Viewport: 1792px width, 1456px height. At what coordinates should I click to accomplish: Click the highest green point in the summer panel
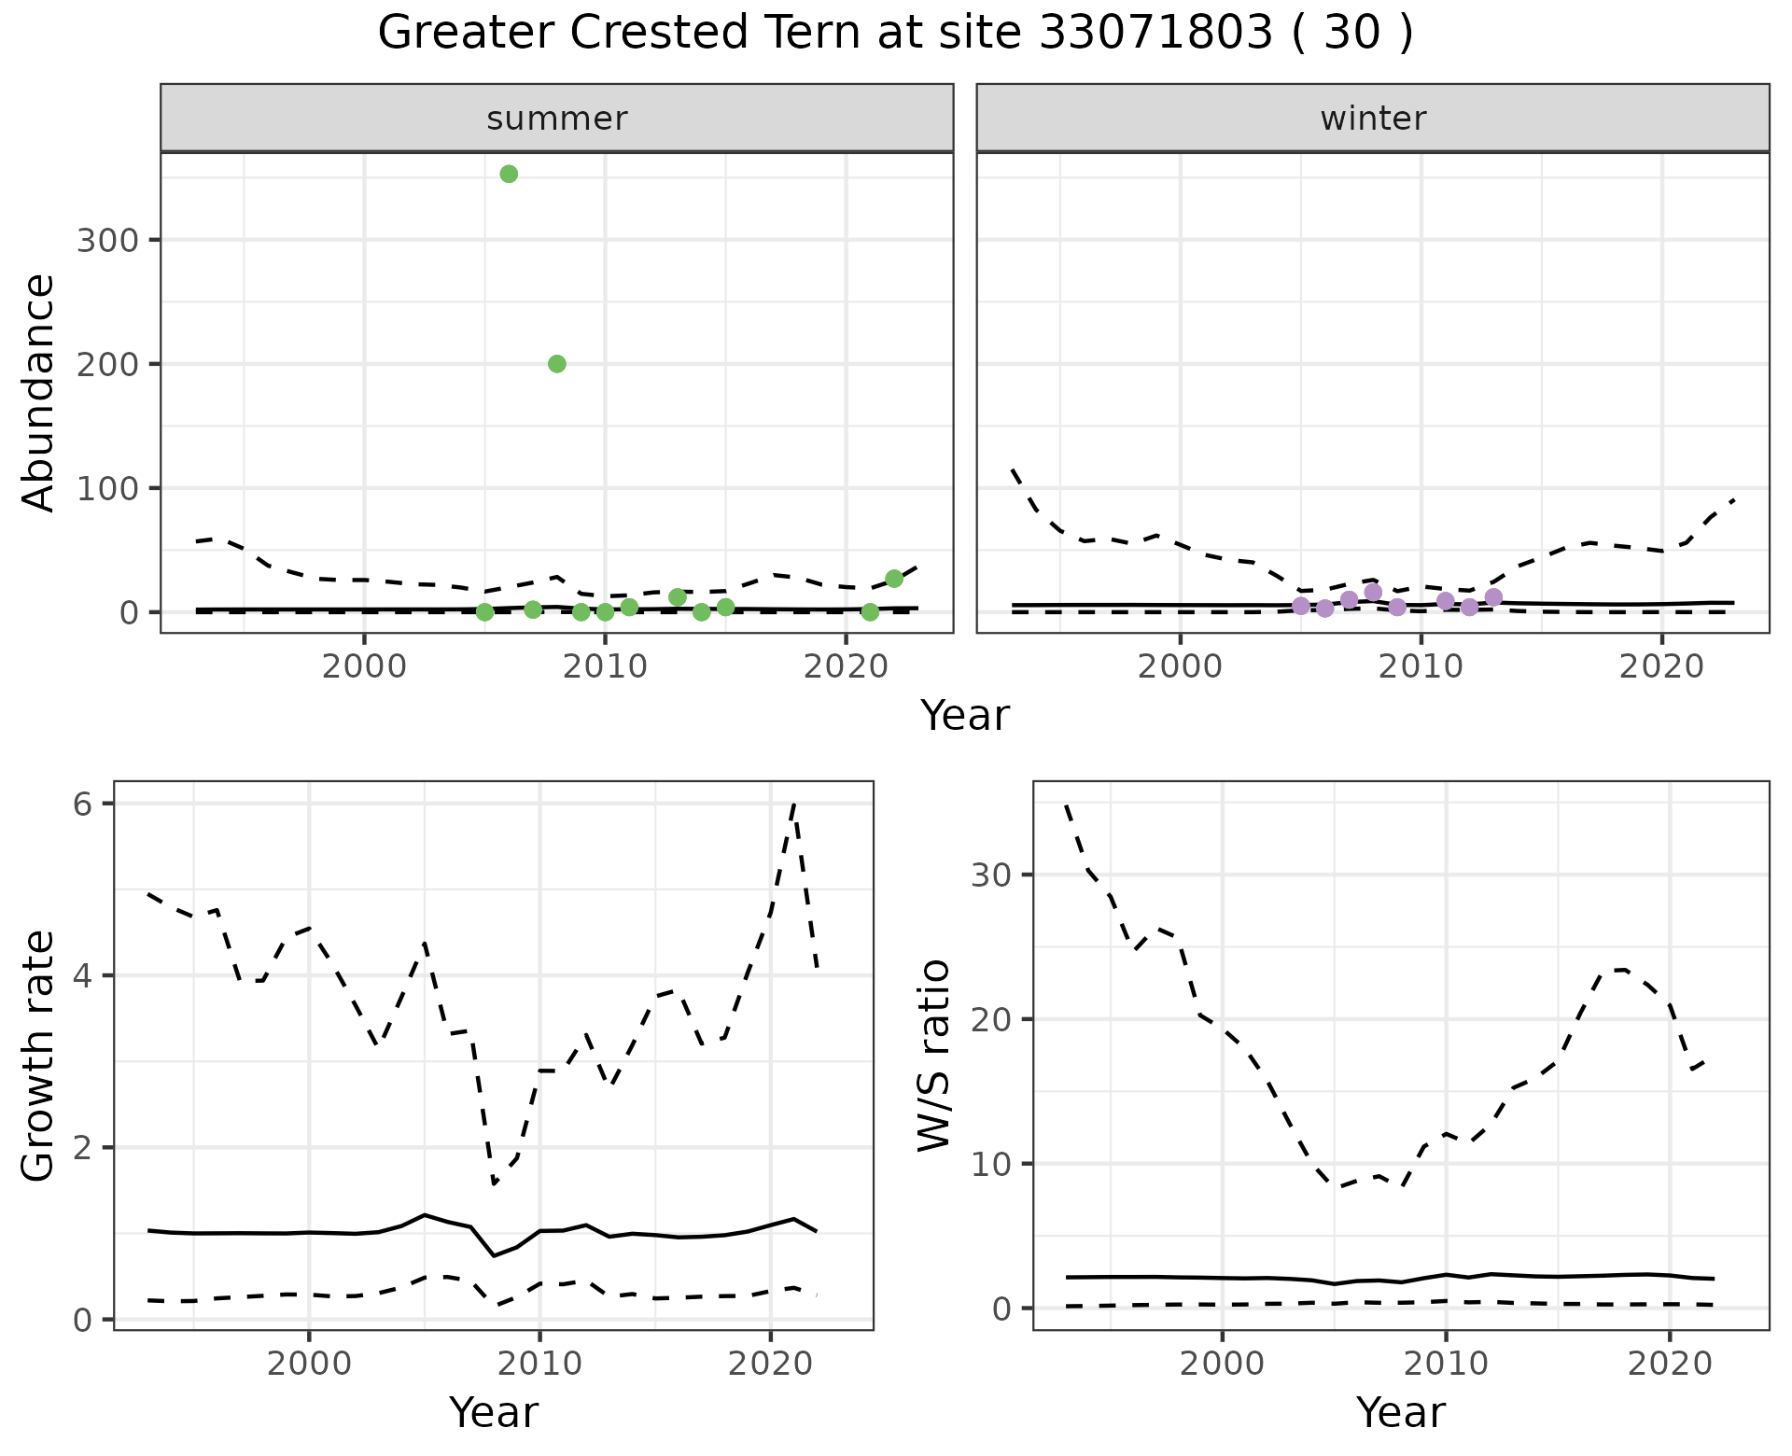pos(509,174)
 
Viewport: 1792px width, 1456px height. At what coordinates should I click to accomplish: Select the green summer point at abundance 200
pos(557,364)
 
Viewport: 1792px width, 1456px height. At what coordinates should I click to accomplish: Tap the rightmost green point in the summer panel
pos(894,579)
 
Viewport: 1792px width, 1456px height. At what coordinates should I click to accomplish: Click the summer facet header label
pos(557,119)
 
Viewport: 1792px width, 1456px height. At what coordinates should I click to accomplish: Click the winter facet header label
pos(1373,119)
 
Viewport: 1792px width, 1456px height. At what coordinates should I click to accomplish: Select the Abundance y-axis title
pos(39,392)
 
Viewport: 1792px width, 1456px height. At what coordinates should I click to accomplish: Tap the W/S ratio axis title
pos(934,1056)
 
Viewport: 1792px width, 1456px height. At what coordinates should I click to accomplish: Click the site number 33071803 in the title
pos(1155,34)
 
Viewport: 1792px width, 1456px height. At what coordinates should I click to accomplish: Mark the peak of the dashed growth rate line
pos(793,803)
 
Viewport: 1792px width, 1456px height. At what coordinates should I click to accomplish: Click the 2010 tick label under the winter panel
pos(1421,666)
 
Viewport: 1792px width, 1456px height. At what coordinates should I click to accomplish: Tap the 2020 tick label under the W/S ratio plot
pos(1669,1363)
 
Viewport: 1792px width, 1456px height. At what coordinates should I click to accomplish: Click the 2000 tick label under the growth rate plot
pos(309,1363)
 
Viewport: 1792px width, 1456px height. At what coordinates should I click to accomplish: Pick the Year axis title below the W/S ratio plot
pos(1400,1412)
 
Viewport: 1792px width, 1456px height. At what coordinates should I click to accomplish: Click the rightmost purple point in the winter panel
pos(1493,597)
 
